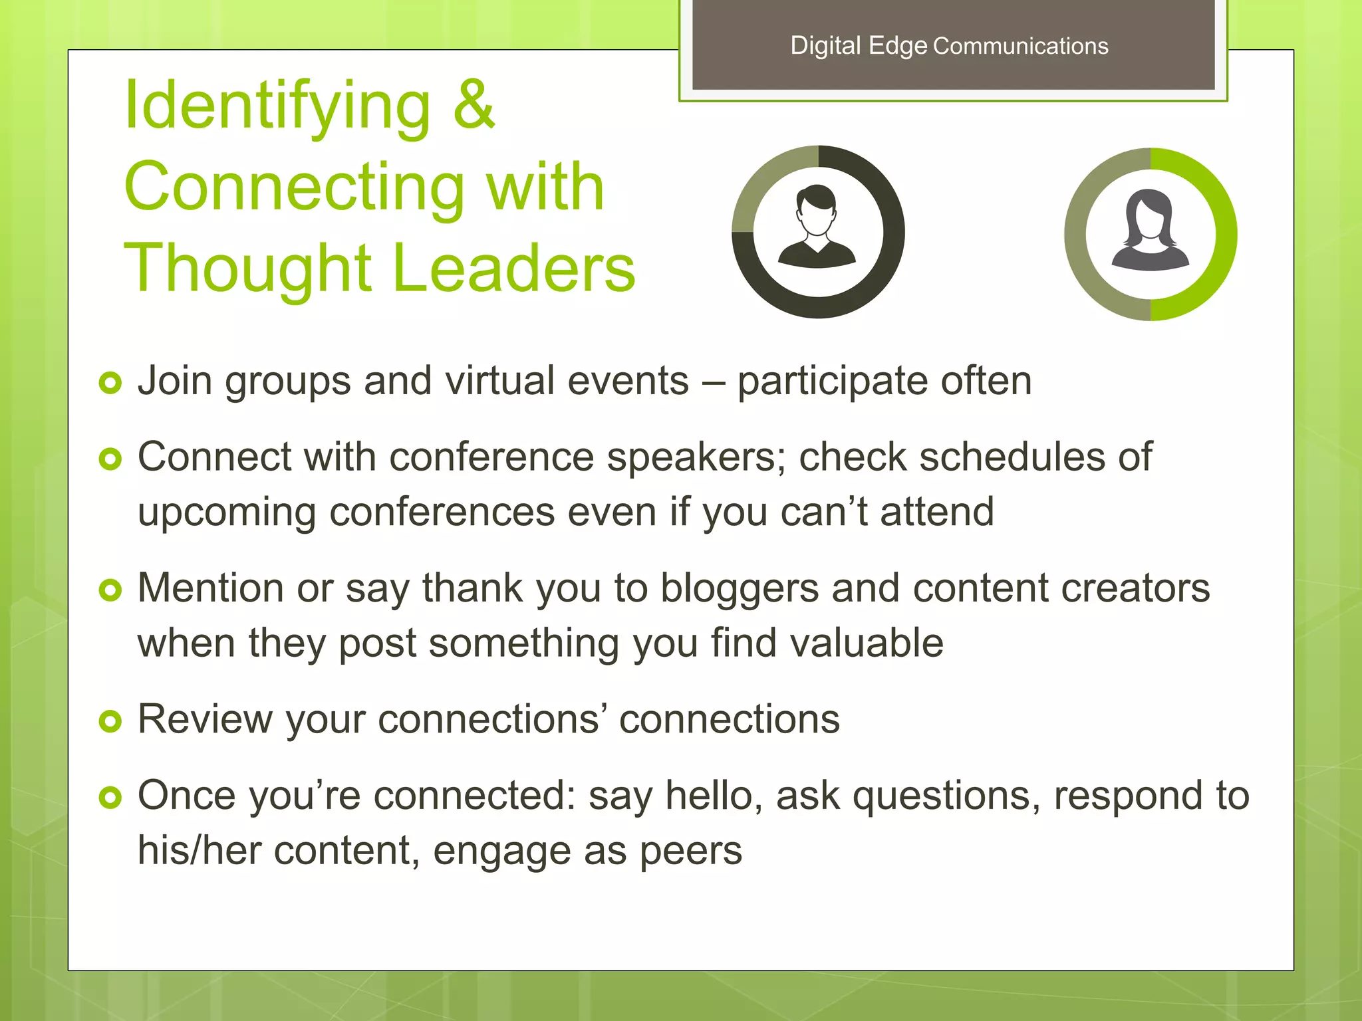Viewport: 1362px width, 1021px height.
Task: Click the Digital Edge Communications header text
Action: [949, 46]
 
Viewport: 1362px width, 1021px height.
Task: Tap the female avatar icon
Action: [1151, 231]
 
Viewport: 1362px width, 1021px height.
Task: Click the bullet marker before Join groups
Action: [110, 382]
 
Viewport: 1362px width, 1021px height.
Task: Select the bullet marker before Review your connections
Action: [110, 721]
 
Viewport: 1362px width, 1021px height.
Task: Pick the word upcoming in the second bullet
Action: [227, 512]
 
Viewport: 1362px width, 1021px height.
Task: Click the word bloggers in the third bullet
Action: [739, 588]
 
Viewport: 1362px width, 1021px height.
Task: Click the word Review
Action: [204, 719]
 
